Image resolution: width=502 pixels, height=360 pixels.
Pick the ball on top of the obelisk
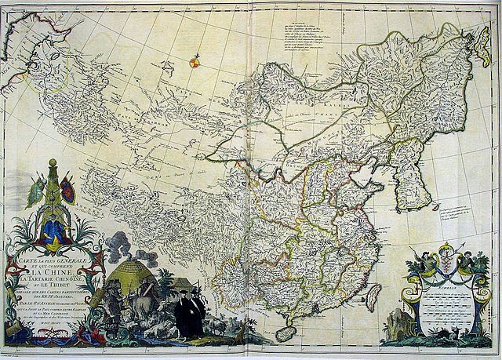click(x=53, y=162)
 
